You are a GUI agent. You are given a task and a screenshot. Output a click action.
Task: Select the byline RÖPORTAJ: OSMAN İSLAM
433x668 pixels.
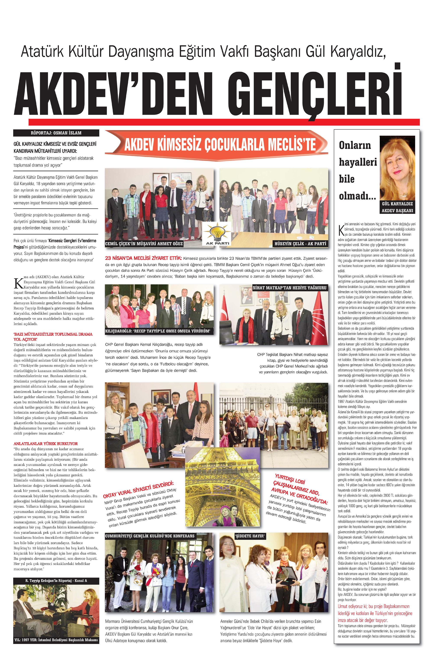[x=56, y=133]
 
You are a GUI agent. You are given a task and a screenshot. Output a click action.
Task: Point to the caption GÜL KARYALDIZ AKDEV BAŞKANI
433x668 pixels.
[x=397, y=207]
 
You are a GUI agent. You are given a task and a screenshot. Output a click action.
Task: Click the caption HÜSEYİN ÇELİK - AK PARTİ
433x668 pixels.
[x=300, y=243]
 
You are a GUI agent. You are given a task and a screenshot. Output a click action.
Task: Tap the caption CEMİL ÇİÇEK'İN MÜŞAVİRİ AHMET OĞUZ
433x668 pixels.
[x=144, y=243]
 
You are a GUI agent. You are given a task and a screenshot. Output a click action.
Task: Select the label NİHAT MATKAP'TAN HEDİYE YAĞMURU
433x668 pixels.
[x=289, y=287]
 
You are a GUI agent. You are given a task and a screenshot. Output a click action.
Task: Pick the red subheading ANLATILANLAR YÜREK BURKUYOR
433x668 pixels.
[x=45, y=443]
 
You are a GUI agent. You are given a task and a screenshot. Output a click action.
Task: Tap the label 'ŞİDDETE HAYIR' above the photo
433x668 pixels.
[x=250, y=536]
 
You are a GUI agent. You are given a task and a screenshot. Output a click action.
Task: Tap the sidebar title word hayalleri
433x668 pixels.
[x=358, y=162]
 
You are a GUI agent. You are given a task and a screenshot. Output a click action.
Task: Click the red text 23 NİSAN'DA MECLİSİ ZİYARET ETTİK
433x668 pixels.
[x=143, y=258]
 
